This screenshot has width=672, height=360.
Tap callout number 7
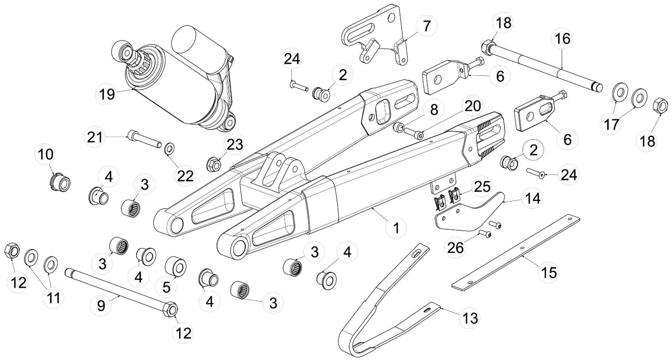[x=426, y=26]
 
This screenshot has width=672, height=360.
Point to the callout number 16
[x=562, y=40]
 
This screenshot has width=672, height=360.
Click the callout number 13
[x=471, y=319]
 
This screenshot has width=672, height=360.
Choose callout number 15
[x=549, y=273]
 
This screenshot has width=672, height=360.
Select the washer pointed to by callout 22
[x=169, y=148]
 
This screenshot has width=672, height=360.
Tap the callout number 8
[x=434, y=110]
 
